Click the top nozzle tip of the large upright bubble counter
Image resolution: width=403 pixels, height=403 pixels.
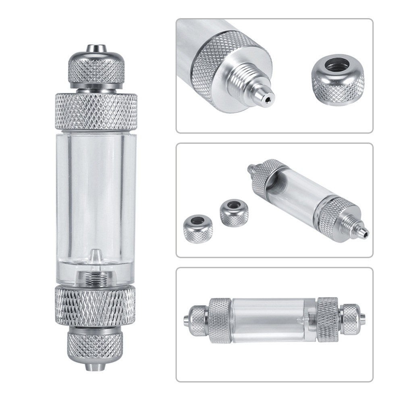coord(96,49)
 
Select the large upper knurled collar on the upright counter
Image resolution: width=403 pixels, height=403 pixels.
coord(96,111)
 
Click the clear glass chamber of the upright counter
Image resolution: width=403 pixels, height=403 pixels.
coord(96,193)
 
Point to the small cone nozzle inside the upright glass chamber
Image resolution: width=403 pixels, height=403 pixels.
coord(95,256)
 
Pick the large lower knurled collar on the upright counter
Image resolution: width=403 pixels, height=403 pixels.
coord(96,306)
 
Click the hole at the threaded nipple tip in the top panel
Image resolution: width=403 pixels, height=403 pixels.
coord(267,97)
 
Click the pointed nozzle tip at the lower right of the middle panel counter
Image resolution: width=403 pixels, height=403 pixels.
coord(365,232)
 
